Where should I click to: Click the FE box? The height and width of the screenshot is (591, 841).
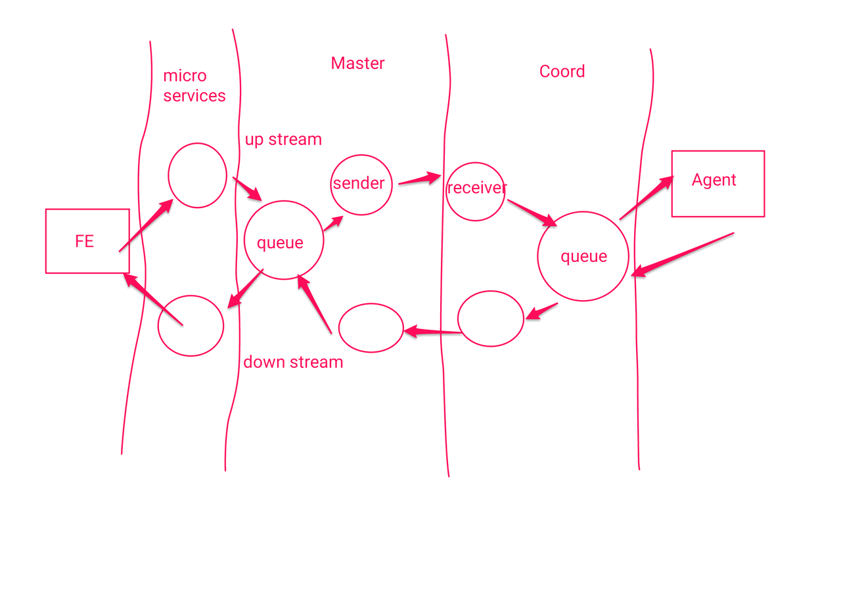pos(87,241)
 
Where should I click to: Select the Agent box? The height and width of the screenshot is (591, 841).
pos(717,183)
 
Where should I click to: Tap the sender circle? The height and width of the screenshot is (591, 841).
pos(361,185)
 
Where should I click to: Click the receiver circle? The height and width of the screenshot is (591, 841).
pos(475,190)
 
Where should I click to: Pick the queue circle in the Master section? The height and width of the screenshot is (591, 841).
pos(283,240)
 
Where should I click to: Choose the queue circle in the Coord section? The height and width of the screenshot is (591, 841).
pos(583,256)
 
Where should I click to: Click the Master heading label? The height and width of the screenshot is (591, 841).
pos(357,63)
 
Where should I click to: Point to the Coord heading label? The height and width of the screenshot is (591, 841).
pos(562,72)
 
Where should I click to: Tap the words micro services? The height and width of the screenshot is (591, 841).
pos(194,86)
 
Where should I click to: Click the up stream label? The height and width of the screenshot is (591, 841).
pos(283,139)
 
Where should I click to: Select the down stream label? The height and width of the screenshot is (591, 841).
pos(293,362)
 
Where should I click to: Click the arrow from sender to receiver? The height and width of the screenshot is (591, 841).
pos(419,179)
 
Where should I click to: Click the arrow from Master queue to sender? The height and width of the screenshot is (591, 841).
pos(333,223)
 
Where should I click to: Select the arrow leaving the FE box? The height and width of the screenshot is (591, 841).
pos(146,225)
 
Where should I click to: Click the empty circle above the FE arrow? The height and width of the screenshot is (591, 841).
pos(197,175)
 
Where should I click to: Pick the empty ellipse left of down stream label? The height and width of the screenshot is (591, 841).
pos(191,326)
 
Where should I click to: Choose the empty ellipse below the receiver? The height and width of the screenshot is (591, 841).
pos(490,318)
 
